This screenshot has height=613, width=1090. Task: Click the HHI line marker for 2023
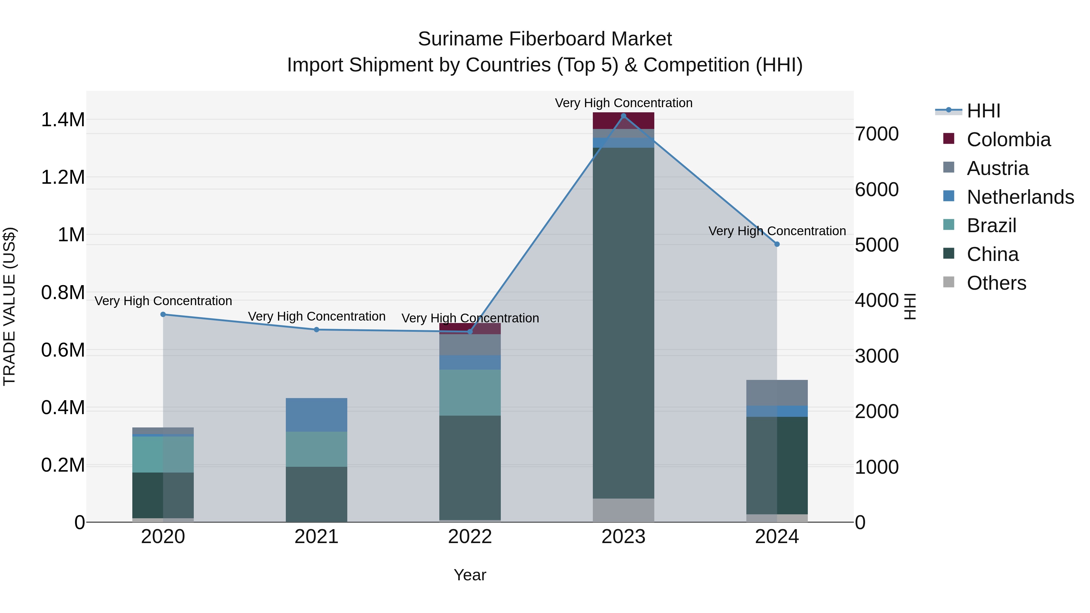[x=623, y=116]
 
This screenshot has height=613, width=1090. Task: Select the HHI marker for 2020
[x=163, y=314]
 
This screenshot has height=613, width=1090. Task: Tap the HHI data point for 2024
[x=777, y=244]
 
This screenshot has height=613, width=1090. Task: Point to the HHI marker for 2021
[x=316, y=330]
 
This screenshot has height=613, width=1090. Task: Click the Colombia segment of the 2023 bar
[x=623, y=120]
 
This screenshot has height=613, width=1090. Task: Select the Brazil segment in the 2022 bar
[x=470, y=393]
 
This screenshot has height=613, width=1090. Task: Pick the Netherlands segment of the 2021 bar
[x=316, y=415]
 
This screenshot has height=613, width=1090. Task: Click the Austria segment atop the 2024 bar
[x=777, y=393]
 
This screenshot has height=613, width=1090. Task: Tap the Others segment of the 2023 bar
[x=623, y=510]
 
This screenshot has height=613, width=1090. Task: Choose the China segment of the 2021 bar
[x=316, y=494]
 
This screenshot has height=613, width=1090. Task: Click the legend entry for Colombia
[x=1008, y=140]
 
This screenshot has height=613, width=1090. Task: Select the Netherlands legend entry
[x=1020, y=197]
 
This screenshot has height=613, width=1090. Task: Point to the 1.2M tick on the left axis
[x=63, y=177]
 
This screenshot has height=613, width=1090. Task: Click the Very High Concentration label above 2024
[x=777, y=231]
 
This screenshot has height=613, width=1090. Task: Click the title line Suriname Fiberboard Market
[x=545, y=39]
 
